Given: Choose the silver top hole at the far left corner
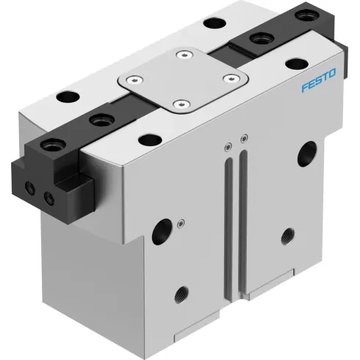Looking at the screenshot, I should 65,96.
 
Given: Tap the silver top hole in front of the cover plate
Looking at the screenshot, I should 149,138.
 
